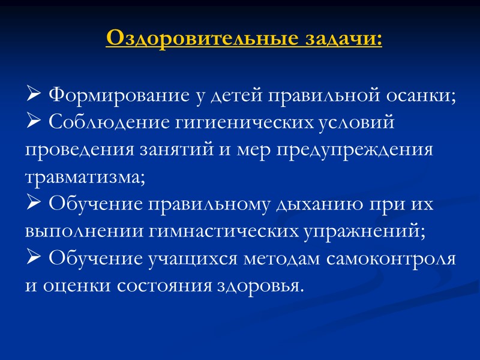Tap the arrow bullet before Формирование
(x=34, y=95)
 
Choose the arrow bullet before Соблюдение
(x=34, y=122)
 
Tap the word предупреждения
(x=355, y=150)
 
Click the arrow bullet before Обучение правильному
(x=34, y=205)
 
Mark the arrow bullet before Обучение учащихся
(x=34, y=260)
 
